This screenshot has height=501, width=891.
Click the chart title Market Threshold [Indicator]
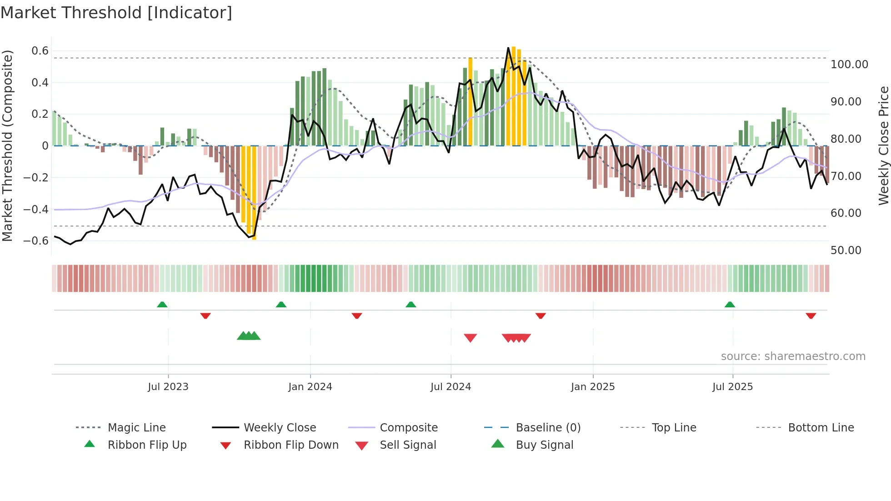coord(116,13)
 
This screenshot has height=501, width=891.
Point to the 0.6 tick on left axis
coord(40,51)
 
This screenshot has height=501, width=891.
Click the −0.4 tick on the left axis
coord(36,209)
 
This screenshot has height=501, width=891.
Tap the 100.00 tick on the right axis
coord(849,65)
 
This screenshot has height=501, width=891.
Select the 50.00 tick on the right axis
coord(846,250)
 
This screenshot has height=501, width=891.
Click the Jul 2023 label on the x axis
coord(168,387)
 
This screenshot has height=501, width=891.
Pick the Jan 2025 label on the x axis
coord(593,387)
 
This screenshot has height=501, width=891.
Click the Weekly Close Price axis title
coord(883,145)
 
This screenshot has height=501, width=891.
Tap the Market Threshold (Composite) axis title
coord(7,145)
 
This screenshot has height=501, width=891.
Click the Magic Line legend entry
coord(136,428)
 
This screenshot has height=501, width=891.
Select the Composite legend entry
coord(408,428)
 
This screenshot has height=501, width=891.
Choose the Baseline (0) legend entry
coord(548,428)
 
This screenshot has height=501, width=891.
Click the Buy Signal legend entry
coord(544,445)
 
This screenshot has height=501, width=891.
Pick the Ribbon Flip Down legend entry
coord(291,445)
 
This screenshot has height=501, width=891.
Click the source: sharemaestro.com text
coord(793,356)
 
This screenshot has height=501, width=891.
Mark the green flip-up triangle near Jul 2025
coord(730,305)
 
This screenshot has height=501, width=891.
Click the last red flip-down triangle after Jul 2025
coord(811,316)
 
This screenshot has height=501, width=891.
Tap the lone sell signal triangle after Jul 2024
coord(470,338)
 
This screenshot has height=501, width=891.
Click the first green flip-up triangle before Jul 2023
coord(162,305)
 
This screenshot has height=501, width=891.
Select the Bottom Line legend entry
coord(821,428)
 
